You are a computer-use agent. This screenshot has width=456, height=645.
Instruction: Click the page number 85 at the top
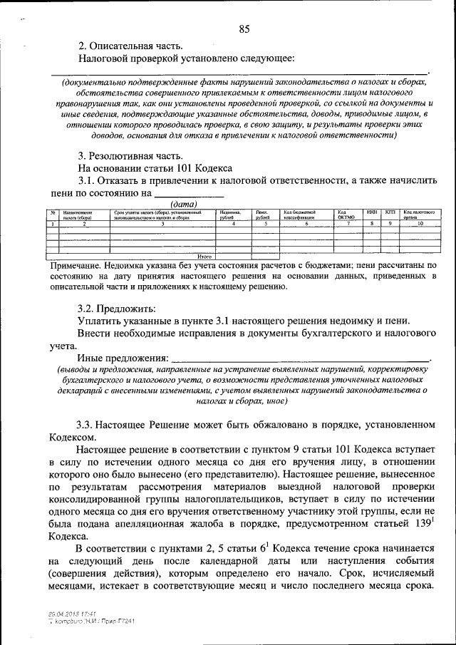click(x=244, y=29)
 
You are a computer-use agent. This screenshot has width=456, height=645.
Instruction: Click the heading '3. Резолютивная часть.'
click(x=132, y=155)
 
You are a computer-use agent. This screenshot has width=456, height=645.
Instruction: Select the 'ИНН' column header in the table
click(x=371, y=212)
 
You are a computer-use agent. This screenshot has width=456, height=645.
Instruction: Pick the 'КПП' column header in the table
click(x=390, y=212)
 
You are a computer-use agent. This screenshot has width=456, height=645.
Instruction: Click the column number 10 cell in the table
click(x=420, y=224)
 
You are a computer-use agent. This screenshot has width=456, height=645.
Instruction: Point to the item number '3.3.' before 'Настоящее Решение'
click(x=86, y=425)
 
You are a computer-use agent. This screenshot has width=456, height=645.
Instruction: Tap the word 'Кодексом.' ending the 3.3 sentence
click(x=71, y=438)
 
